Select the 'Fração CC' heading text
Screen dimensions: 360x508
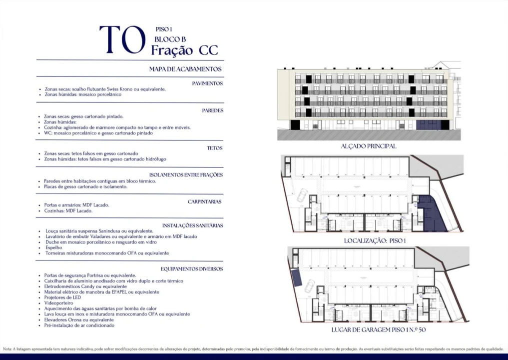click(184, 50)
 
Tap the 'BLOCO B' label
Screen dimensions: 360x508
click(170, 38)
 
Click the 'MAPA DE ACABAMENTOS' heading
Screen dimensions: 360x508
click(185, 69)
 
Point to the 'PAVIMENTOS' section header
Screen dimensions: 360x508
click(207, 83)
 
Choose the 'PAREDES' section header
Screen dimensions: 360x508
click(212, 110)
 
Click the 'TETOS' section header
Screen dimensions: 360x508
click(215, 148)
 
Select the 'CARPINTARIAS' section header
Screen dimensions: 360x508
click(204, 201)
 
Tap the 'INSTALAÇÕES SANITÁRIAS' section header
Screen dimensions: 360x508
click(192, 225)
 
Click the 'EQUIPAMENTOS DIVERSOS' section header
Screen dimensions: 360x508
click(191, 268)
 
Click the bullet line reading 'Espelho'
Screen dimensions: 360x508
click(53, 247)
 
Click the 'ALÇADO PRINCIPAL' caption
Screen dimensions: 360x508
click(368, 146)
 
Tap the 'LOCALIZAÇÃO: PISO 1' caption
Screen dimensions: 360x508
click(375, 240)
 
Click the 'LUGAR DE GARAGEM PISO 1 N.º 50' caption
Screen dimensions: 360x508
click(378, 330)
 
